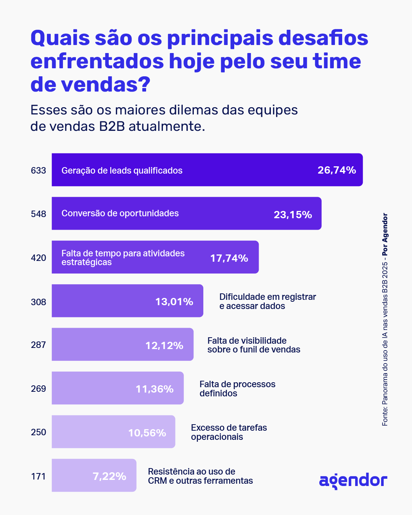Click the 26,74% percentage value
click(x=336, y=170)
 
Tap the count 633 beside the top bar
click(x=39, y=171)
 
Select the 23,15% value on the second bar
click(x=293, y=215)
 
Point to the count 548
click(x=39, y=214)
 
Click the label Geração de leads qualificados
click(x=122, y=171)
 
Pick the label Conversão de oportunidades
click(x=120, y=213)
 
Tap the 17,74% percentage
click(x=229, y=258)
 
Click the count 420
click(x=39, y=258)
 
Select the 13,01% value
click(x=174, y=302)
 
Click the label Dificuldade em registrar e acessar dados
click(x=267, y=301)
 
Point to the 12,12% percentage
click(x=164, y=346)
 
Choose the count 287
click(x=39, y=345)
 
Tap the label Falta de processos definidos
click(x=237, y=389)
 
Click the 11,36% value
click(x=154, y=389)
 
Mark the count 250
click(x=39, y=432)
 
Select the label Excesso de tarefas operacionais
click(x=229, y=432)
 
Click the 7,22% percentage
click(x=109, y=476)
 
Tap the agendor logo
click(x=353, y=481)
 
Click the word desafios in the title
click(x=323, y=38)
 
